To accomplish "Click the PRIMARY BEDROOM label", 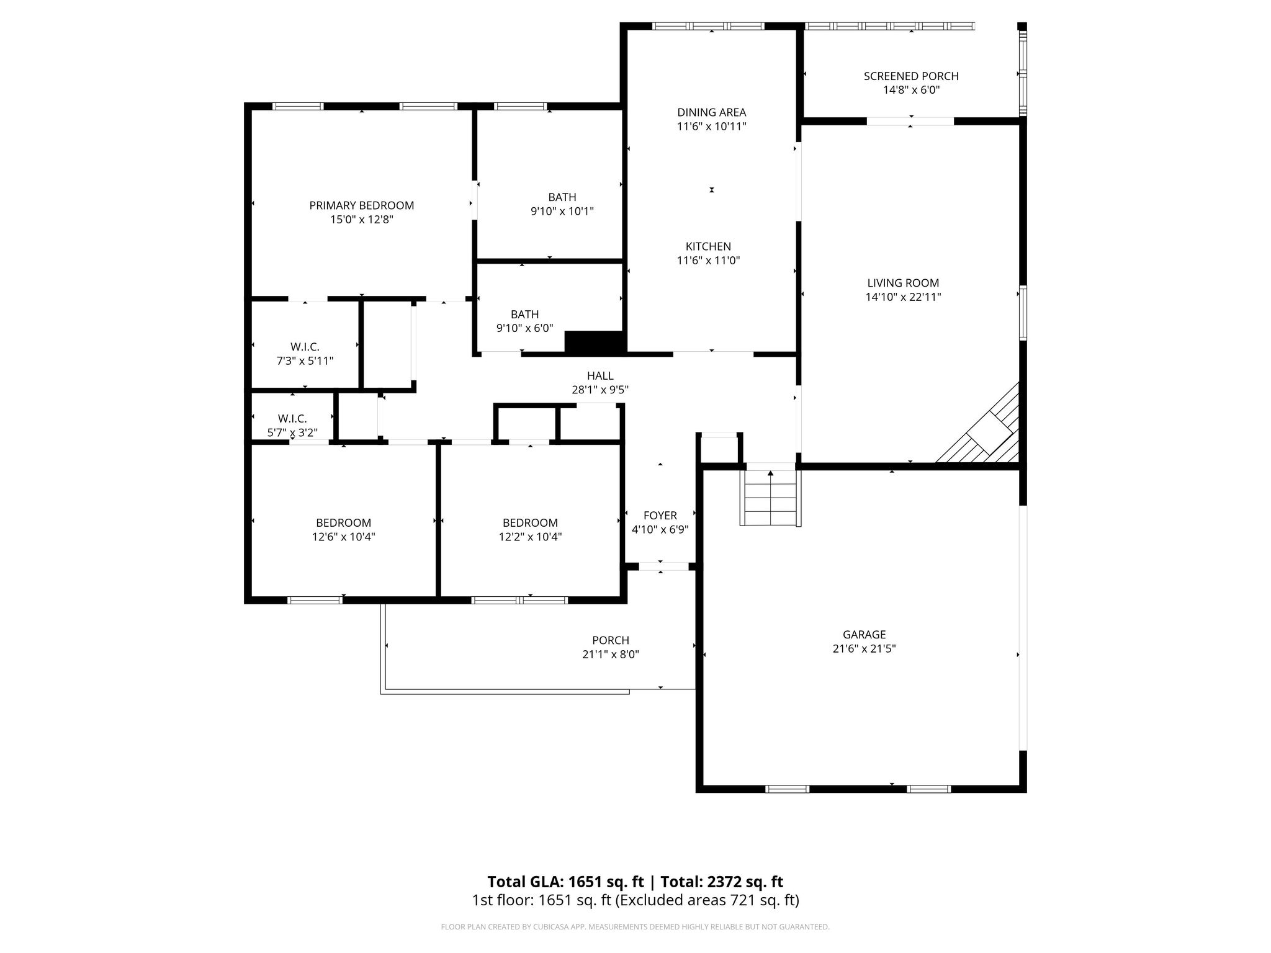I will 361,205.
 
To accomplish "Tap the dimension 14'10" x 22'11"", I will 903,297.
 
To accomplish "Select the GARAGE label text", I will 864,635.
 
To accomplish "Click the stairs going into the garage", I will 770,499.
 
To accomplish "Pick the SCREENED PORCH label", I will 910,76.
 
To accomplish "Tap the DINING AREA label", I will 711,112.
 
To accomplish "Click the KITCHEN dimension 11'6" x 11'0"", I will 708,261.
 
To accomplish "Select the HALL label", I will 600,376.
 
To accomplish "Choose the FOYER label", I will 660,516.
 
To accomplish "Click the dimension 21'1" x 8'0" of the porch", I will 610,655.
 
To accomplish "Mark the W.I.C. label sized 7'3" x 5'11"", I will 305,347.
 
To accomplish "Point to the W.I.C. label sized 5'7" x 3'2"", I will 292,419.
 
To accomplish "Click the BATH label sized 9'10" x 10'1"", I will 562,197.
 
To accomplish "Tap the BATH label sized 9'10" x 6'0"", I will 524,315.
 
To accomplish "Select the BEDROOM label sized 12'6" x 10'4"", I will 343,523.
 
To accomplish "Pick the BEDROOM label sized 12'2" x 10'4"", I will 530,523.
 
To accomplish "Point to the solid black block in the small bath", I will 593,342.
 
